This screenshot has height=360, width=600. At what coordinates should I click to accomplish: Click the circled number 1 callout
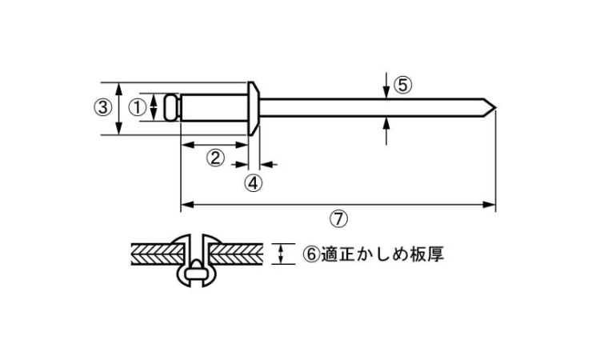137,107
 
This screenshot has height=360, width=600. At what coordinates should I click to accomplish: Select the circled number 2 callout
215,158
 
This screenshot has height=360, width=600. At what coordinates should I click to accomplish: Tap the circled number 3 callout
103,107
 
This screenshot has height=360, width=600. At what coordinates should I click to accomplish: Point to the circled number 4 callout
254,183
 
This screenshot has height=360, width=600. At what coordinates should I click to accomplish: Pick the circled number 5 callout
403,85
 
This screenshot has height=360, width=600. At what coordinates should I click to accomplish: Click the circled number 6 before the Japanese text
311,254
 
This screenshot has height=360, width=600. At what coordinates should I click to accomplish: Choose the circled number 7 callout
338,219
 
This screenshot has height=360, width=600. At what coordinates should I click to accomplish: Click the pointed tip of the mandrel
495,107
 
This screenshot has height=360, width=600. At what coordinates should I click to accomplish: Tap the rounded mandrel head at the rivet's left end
172,107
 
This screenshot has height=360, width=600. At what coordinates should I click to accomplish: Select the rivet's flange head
254,109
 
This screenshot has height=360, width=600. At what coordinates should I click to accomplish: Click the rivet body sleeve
214,108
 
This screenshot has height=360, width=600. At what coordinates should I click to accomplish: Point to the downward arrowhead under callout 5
386,93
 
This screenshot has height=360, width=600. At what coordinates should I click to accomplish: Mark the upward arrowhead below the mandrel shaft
386,123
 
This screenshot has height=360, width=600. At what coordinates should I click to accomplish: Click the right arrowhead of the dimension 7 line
490,205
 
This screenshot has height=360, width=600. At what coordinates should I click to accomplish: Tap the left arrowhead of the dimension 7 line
186,205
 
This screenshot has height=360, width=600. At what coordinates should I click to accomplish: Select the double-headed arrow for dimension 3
119,109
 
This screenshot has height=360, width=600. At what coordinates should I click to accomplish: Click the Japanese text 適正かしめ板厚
382,254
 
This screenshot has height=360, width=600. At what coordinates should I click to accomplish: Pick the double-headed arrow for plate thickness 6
282,254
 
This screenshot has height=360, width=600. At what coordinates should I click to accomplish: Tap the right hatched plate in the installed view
236,254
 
